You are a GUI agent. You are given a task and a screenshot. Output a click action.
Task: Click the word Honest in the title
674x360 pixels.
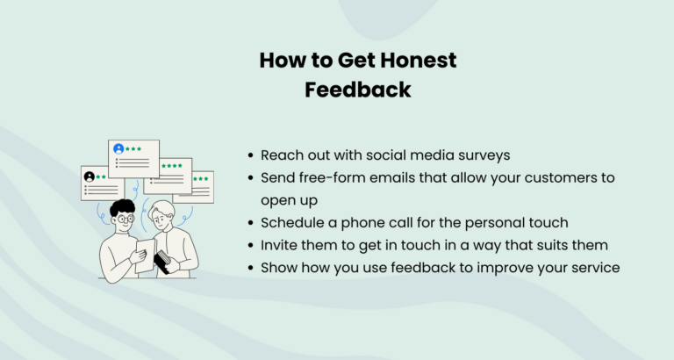pos(419,61)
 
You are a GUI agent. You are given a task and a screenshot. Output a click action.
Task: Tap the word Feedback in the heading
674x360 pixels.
pos(358,90)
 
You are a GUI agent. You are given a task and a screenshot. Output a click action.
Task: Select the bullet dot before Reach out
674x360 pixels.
pos(253,155)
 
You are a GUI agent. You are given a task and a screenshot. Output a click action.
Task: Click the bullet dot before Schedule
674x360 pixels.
pos(253,223)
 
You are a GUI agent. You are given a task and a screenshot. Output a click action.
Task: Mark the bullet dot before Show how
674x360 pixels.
pos(253,268)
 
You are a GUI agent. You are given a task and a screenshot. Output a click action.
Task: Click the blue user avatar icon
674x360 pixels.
pos(118,149)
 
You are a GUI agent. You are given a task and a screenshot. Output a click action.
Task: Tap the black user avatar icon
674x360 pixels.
pos(90,176)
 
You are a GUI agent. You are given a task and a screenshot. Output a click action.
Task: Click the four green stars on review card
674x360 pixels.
pos(172,166)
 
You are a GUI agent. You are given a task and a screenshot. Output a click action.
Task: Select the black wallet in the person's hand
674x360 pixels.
pos(163,260)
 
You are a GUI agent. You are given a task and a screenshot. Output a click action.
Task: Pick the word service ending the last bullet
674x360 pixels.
pos(597,267)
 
